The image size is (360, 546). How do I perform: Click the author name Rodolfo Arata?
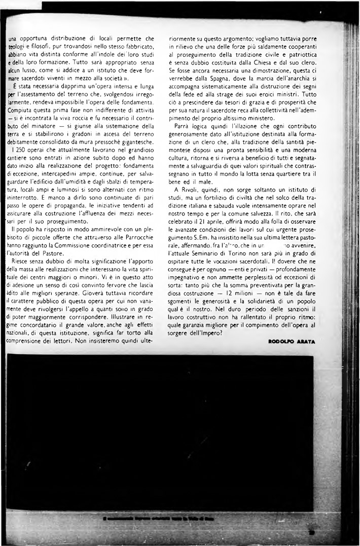(291, 342)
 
